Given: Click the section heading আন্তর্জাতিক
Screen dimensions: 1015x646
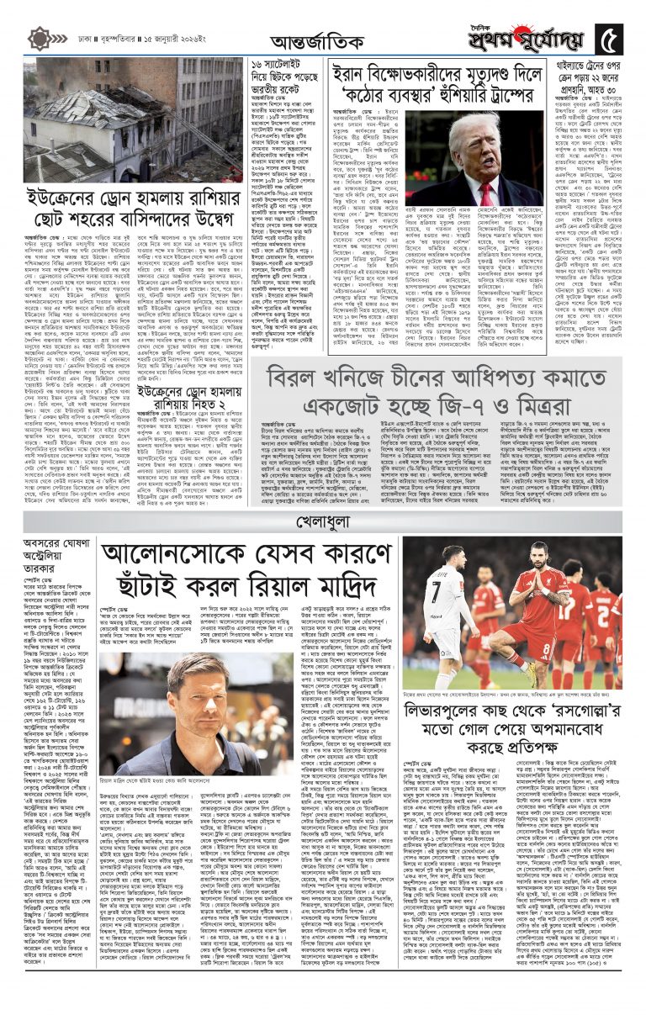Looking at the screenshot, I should point(322,40).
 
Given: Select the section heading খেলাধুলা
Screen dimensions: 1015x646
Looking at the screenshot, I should point(322,523).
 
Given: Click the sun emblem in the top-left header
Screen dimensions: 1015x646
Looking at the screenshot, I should point(40,38).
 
